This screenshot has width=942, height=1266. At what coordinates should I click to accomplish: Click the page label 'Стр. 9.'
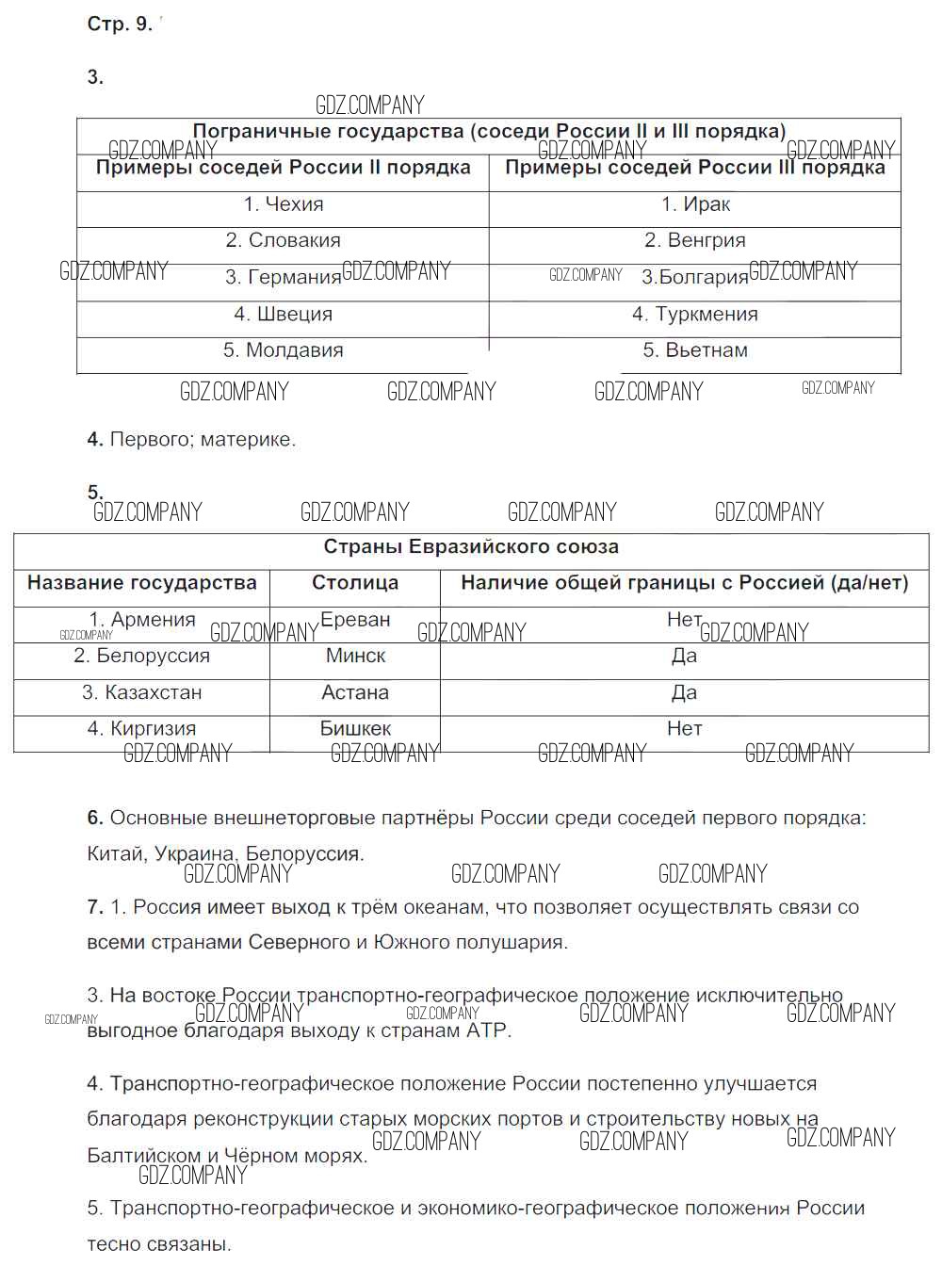click(119, 24)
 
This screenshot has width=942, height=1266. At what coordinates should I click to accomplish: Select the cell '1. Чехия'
click(283, 204)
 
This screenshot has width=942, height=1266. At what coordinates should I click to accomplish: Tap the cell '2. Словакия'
click(283, 240)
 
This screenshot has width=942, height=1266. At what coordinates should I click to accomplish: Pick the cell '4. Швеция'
click(283, 314)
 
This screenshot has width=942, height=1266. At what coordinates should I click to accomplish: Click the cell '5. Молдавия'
click(283, 350)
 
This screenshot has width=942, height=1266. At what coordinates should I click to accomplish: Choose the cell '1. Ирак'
click(695, 204)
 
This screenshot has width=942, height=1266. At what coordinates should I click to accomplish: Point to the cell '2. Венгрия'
click(695, 240)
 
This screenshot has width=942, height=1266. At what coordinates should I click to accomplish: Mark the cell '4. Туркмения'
click(695, 314)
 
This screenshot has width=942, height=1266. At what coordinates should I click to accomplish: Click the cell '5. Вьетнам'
click(695, 350)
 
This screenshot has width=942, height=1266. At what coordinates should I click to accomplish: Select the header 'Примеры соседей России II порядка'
click(283, 168)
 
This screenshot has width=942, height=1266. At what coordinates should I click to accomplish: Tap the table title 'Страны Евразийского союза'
click(471, 547)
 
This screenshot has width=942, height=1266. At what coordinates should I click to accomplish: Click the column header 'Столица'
click(355, 583)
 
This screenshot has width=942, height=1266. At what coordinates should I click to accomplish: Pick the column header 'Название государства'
click(141, 583)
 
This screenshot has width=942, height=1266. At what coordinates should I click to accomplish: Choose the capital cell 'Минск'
click(355, 656)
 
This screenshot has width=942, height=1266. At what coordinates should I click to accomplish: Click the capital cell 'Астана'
click(355, 692)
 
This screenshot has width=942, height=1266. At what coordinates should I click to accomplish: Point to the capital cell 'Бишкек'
click(355, 728)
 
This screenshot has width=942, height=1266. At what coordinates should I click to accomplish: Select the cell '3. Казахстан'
click(141, 692)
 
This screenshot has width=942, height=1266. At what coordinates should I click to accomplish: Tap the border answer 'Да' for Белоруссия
click(684, 656)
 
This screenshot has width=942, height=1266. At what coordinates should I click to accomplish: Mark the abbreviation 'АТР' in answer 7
click(486, 1031)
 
